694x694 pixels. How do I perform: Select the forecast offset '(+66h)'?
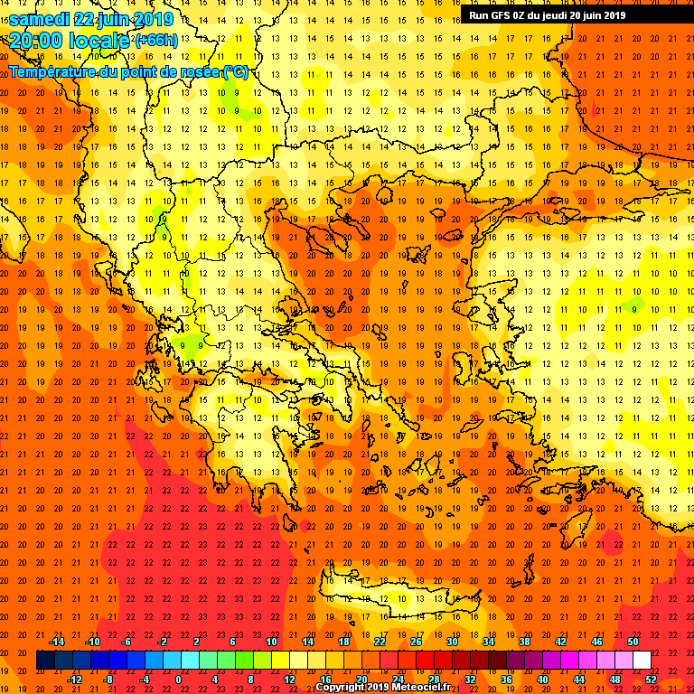156,41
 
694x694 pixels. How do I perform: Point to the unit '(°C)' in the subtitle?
234,71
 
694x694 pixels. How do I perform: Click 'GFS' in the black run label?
505,14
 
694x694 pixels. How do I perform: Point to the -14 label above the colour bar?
56,642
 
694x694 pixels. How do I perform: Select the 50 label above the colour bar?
633,642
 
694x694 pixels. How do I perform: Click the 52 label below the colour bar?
651,680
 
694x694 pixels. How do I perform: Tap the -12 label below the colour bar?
74,680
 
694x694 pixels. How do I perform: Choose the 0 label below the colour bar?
179,680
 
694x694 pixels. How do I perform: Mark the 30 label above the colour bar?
452,642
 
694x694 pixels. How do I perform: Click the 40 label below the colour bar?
542,680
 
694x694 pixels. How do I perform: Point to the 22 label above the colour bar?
380,642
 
